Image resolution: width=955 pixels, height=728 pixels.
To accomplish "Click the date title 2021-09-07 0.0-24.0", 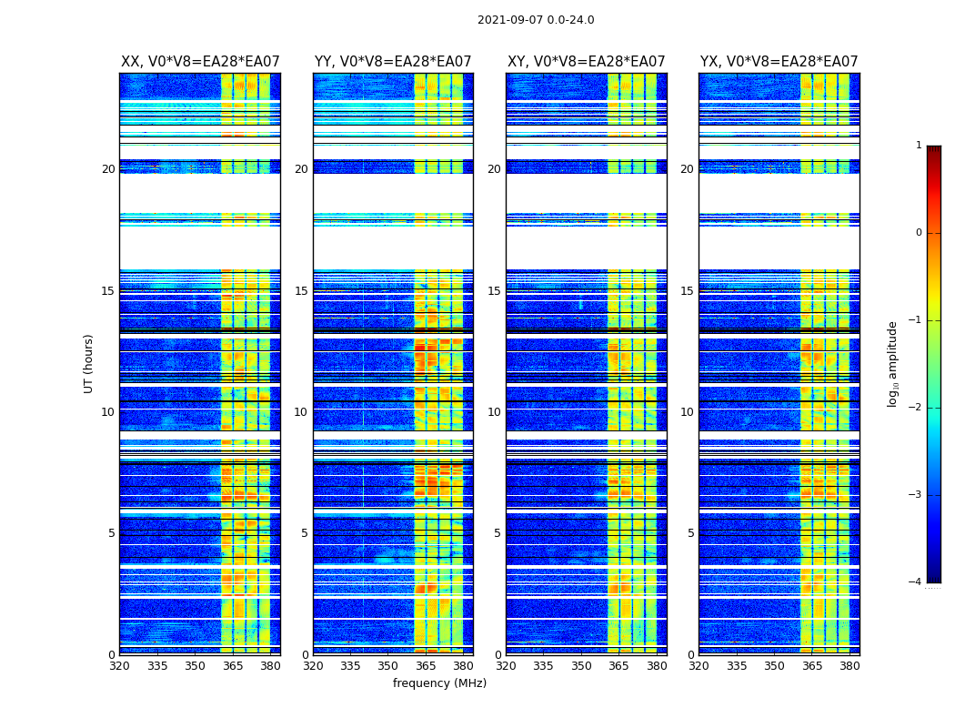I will (536, 20).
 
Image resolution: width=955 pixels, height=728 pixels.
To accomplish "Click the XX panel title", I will (200, 62).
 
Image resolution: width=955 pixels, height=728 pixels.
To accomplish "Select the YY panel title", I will (393, 62).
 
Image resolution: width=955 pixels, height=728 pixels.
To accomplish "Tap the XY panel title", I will (587, 62).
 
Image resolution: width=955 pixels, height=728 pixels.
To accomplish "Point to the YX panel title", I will (779, 62).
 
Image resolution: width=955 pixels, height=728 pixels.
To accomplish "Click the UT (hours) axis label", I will (89, 363).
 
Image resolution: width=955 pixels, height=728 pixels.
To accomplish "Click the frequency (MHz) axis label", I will (439, 683).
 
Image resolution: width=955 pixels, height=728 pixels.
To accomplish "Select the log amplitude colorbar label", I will (893, 363).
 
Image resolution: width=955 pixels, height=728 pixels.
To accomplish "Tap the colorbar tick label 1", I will (919, 146).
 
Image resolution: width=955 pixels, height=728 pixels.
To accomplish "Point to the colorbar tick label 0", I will (919, 233).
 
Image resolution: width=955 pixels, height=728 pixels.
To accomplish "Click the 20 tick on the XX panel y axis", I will (108, 169).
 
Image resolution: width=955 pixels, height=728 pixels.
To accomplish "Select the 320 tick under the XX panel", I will (119, 665).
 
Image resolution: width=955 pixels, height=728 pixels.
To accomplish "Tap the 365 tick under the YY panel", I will (426, 665).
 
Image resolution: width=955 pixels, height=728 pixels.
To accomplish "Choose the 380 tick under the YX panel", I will (849, 665).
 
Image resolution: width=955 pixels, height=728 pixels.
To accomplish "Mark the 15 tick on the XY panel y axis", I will (494, 291).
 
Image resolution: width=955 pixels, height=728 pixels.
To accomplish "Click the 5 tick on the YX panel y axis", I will (690, 533).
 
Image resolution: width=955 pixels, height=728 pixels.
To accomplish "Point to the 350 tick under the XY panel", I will (580, 665).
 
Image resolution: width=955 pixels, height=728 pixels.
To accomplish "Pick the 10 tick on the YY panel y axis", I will (301, 412).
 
